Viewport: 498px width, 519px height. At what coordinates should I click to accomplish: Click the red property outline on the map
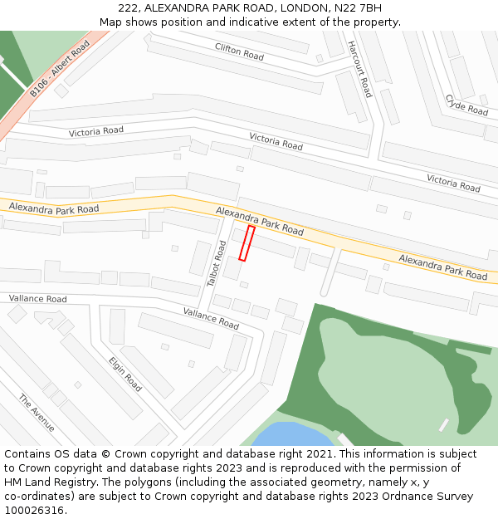point(247,243)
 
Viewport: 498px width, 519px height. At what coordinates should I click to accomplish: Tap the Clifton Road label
point(239,51)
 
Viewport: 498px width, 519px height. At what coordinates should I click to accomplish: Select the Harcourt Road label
point(360,69)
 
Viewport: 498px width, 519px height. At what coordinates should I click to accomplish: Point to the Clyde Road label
point(466,105)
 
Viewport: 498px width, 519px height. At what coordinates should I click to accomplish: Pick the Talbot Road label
point(217,264)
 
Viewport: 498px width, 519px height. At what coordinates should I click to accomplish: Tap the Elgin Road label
point(125,374)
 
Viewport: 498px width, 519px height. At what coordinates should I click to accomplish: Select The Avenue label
point(37,413)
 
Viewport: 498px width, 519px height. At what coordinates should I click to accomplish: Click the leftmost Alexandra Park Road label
point(54,208)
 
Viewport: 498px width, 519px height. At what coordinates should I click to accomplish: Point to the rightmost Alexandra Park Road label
point(442,267)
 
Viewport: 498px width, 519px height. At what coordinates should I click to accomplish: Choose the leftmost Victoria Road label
point(96,131)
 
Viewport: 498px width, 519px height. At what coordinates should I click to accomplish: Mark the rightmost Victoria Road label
point(453,183)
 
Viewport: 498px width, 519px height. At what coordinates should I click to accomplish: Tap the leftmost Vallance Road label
point(38,298)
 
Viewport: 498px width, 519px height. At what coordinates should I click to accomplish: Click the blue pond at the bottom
point(290,435)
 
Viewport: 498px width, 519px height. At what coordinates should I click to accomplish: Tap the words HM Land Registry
point(45,482)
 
